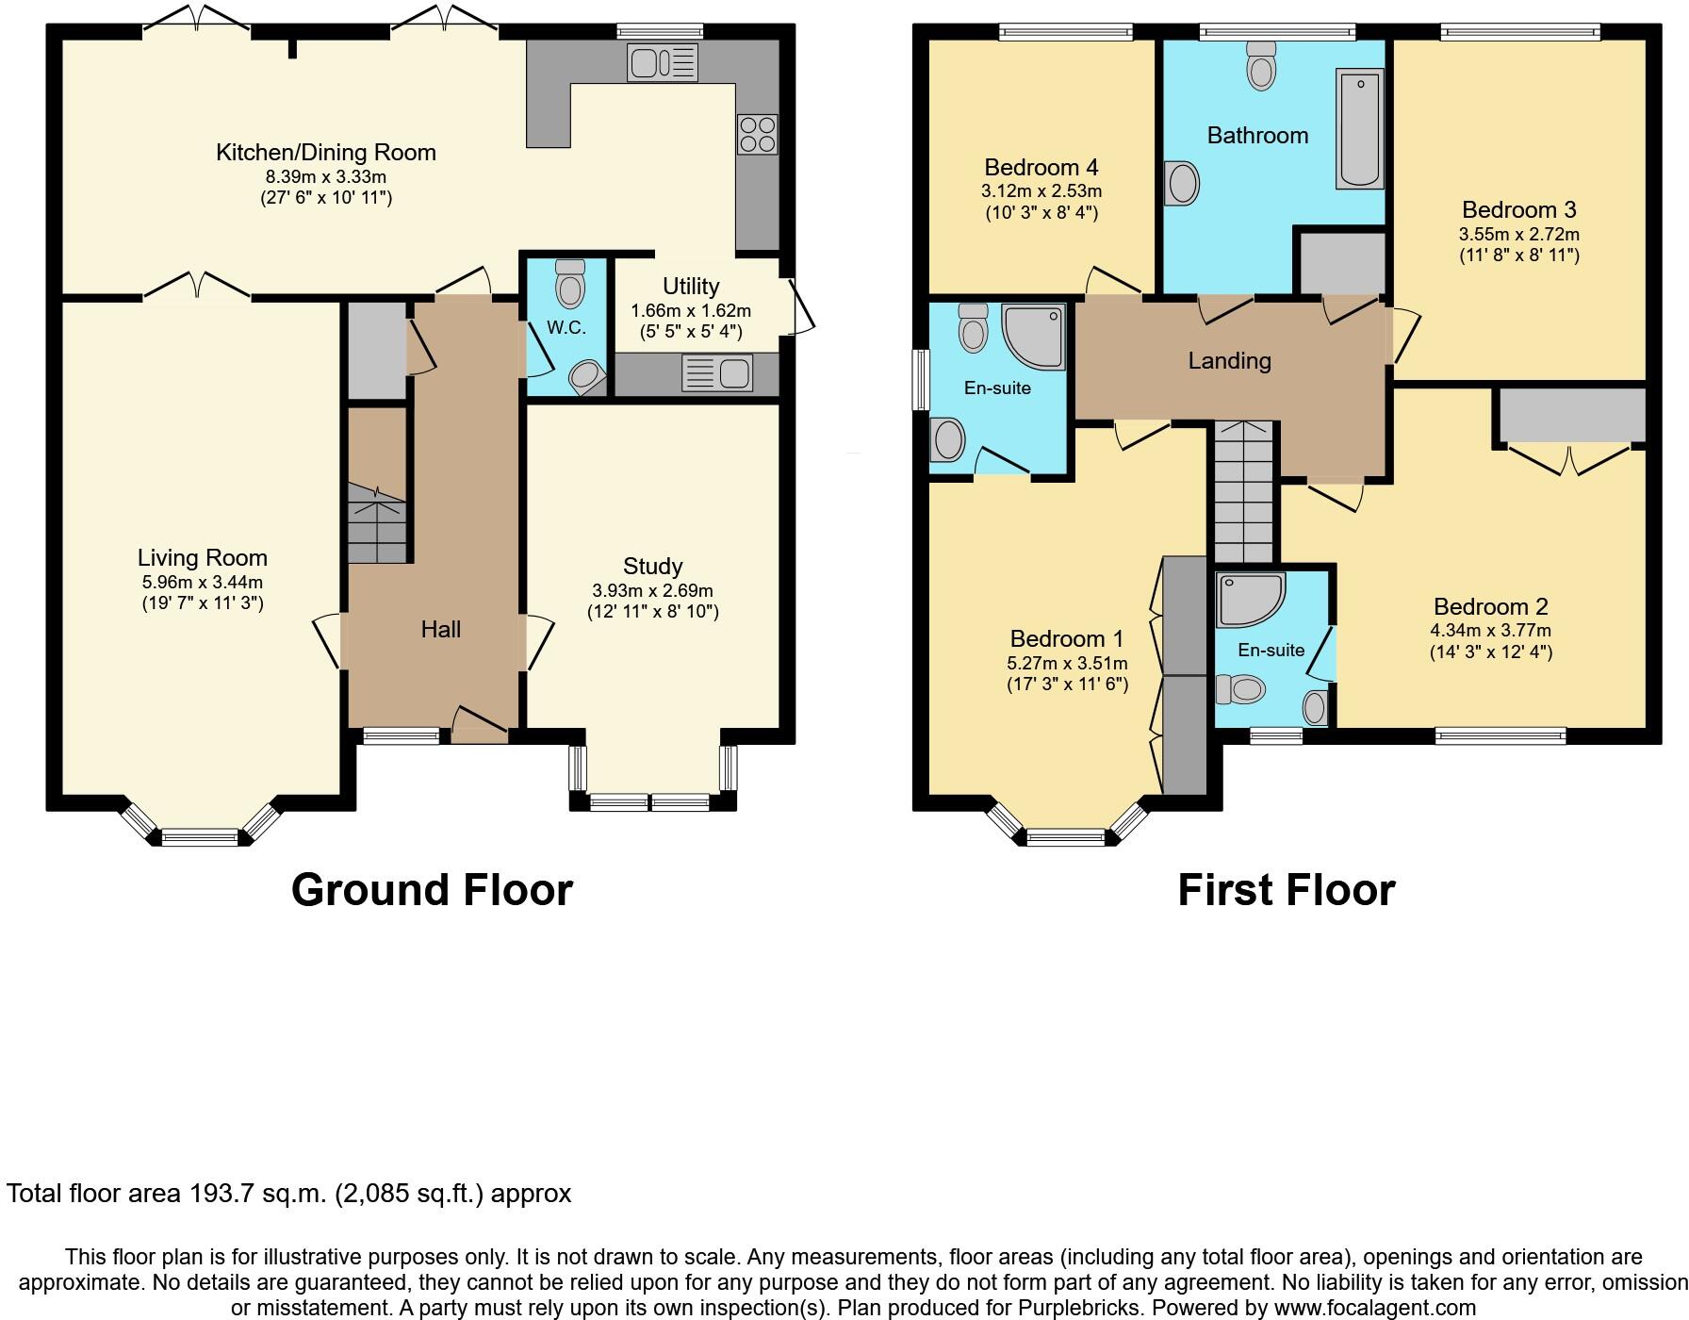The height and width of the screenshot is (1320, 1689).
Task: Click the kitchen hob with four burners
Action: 757,133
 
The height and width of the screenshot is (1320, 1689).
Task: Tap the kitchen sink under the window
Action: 661,63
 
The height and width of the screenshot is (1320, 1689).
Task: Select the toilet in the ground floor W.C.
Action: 570,284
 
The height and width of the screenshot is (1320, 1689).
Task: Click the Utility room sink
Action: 717,373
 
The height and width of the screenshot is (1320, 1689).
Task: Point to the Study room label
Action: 652,566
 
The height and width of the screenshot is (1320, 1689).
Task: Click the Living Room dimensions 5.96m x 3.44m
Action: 202,583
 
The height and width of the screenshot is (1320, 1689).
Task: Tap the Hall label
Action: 440,629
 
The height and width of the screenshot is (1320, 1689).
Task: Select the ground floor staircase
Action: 377,524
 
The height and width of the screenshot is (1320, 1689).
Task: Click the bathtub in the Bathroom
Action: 1359,130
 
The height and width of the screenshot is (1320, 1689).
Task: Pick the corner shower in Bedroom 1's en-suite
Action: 1033,336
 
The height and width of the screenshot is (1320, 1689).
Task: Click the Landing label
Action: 1229,360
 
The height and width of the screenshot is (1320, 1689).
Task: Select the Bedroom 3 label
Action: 1518,209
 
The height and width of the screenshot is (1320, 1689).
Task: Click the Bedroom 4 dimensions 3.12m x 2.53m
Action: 1041,191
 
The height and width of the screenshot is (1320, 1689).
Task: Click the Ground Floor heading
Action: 432,889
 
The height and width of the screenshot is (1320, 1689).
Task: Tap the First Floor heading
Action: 1286,889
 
